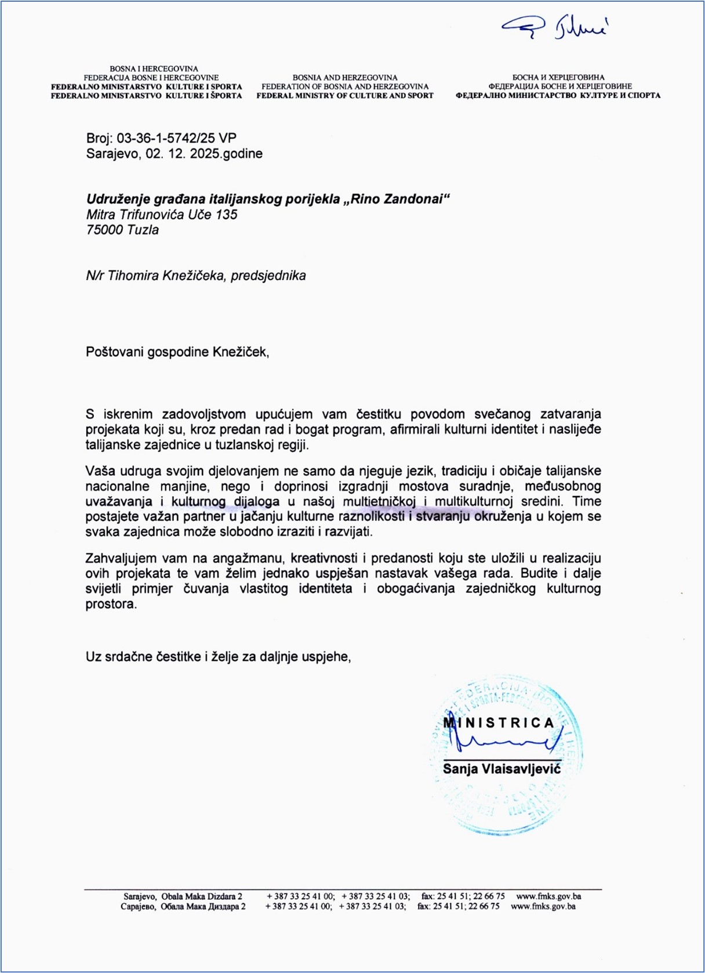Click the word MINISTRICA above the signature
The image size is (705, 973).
click(499, 723)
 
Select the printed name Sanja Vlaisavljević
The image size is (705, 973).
click(502, 769)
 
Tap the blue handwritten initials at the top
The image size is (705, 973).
click(554, 26)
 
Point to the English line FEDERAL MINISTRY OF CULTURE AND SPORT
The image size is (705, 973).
click(345, 96)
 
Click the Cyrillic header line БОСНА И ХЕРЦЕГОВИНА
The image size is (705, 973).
click(558, 77)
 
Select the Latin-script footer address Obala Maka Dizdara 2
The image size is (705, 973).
click(201, 896)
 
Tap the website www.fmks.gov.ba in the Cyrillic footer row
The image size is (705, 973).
click(543, 906)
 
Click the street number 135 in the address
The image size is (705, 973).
click(226, 215)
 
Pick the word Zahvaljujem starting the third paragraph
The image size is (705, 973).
click(121, 559)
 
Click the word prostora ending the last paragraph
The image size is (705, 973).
click(111, 604)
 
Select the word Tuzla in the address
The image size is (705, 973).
click(143, 230)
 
